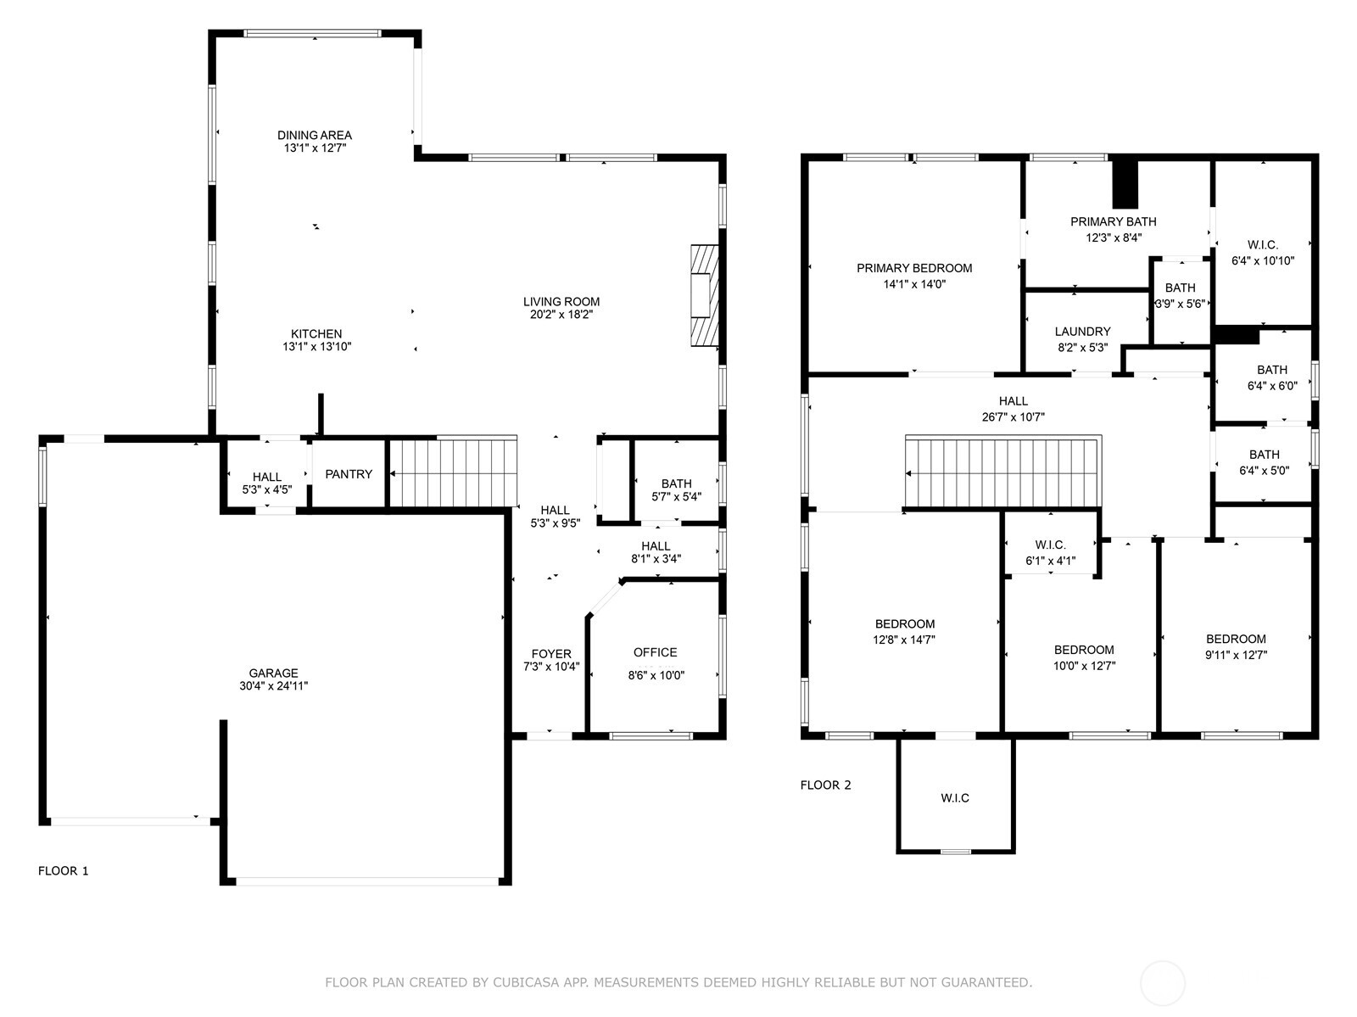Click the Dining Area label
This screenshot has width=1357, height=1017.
tap(314, 135)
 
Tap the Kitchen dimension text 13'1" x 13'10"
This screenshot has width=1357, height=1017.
tap(316, 347)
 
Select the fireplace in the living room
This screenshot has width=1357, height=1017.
tap(703, 294)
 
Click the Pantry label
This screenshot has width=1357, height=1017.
tap(349, 474)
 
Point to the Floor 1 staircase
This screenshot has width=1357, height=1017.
tap(453, 473)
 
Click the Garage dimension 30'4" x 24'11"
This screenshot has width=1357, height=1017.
tap(273, 686)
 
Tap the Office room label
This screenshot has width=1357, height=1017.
tap(655, 652)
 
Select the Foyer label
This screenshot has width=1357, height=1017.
tap(551, 654)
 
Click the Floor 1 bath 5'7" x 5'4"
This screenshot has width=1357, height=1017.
tap(676, 490)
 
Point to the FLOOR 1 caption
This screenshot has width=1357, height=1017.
tap(64, 870)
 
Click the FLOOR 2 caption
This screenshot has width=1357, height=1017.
tap(825, 785)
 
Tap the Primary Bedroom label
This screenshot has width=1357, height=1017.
tap(914, 268)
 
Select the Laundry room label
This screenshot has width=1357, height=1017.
tap(1082, 332)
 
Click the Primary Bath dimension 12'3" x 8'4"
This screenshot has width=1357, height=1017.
tap(1114, 237)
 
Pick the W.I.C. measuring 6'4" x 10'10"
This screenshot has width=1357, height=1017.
tap(1263, 253)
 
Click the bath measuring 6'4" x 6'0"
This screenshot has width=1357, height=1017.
tap(1271, 377)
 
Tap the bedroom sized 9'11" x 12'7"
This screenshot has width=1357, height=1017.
tap(1236, 647)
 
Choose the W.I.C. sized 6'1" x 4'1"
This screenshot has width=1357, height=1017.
tap(1050, 552)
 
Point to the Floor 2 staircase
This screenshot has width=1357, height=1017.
tap(1002, 472)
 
